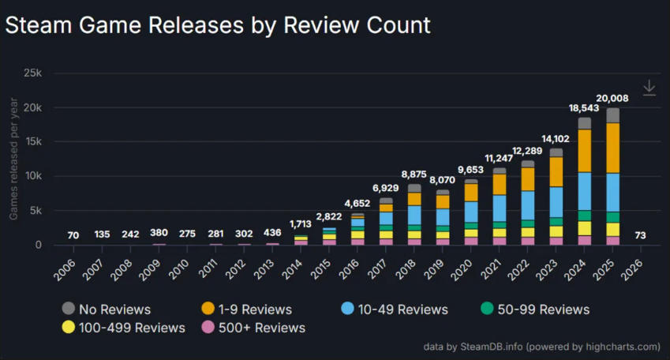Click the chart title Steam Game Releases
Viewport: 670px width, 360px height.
(x=218, y=24)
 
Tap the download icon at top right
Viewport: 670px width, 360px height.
(x=649, y=88)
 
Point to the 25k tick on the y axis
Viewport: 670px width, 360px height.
(x=32, y=73)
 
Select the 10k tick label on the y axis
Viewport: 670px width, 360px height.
(x=32, y=176)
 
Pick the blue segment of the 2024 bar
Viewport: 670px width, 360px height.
(x=584, y=190)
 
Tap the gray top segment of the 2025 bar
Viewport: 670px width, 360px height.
(x=612, y=115)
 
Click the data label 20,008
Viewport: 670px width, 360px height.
(x=612, y=98)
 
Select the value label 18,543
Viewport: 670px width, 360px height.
(x=584, y=107)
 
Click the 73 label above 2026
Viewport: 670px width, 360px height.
(x=641, y=235)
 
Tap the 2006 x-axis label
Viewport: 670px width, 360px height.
(x=70, y=268)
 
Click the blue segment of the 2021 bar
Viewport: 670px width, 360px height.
(x=499, y=208)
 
